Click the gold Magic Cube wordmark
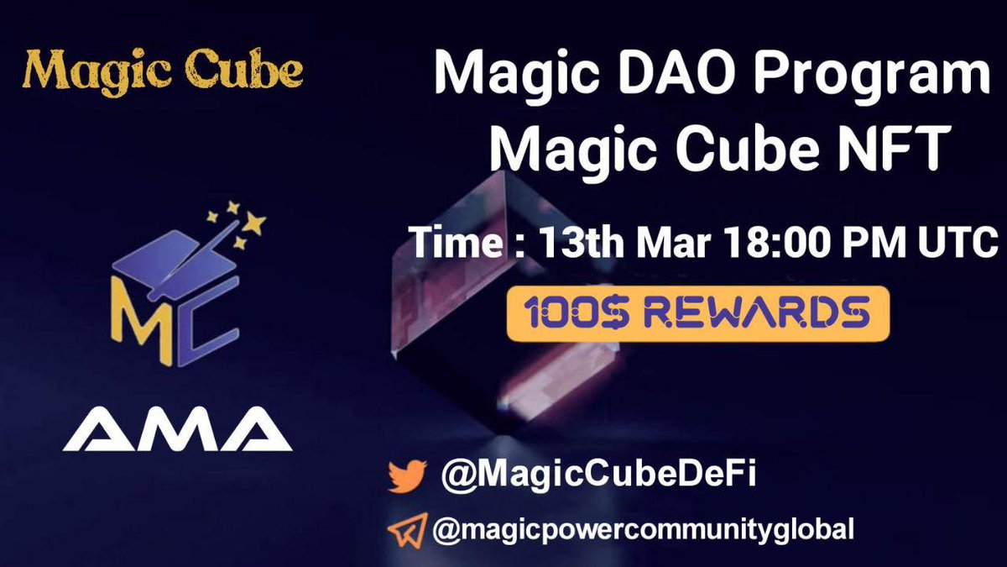(x=162, y=71)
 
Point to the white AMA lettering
(x=177, y=429)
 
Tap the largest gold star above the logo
(x=254, y=223)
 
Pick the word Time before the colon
(x=457, y=242)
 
